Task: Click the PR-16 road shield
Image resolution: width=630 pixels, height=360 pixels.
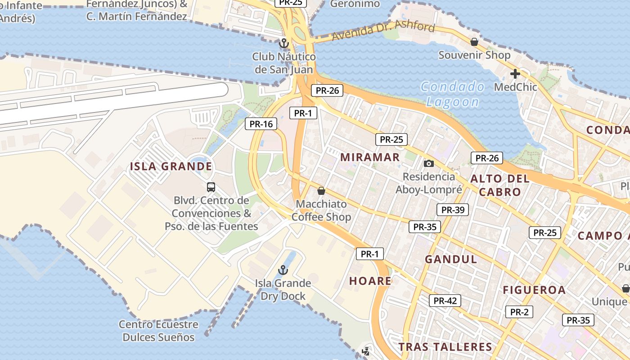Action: click(261, 124)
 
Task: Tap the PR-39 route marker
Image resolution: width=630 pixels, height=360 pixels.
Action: click(453, 210)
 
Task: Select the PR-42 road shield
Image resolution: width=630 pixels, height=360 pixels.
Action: click(445, 301)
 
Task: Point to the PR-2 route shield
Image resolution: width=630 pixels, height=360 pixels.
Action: click(519, 312)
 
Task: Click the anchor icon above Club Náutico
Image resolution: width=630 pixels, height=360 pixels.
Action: click(283, 43)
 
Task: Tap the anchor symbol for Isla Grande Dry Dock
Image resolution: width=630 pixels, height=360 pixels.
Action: click(283, 270)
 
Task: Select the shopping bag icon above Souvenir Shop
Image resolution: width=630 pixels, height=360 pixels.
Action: click(474, 42)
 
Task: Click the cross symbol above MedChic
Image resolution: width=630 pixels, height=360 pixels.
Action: click(515, 73)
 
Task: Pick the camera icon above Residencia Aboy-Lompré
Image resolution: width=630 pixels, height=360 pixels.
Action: click(429, 163)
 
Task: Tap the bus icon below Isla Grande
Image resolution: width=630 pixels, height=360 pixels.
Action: click(211, 187)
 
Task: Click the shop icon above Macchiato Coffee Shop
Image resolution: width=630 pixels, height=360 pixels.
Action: click(321, 191)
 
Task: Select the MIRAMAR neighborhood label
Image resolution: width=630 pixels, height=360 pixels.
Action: click(370, 157)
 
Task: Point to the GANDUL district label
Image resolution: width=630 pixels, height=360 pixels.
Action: click(451, 259)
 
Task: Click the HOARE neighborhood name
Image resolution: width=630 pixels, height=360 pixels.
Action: click(370, 281)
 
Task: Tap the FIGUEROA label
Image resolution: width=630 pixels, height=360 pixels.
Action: click(534, 290)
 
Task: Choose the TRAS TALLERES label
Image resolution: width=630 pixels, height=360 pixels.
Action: click(445, 346)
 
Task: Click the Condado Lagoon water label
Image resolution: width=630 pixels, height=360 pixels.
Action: click(453, 94)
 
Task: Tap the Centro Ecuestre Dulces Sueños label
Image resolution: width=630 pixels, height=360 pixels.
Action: click(158, 331)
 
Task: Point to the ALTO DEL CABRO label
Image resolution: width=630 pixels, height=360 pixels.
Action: click(500, 185)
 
